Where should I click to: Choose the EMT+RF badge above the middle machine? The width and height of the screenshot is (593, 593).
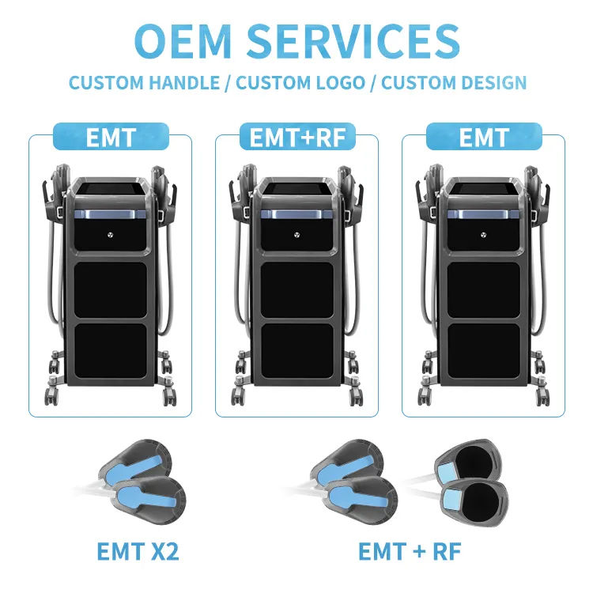pos(296,137)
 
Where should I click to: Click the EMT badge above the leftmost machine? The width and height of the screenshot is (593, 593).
pos(110,137)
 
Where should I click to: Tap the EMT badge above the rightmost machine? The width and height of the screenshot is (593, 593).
pos(483,137)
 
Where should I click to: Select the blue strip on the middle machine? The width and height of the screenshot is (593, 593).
pos(297,214)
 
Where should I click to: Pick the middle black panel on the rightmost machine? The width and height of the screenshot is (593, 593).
pos(484,289)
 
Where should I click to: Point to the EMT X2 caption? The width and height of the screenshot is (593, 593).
pos(138,551)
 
